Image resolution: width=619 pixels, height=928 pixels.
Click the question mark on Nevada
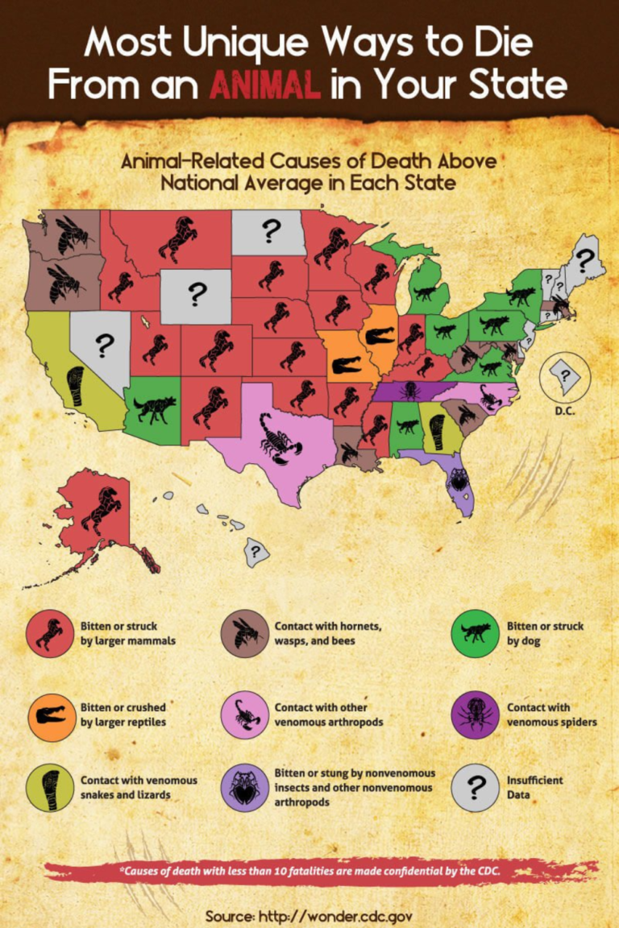pos(103,345)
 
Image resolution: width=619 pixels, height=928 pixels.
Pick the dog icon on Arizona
pos(153,408)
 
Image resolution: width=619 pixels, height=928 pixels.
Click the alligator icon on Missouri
pos(347,364)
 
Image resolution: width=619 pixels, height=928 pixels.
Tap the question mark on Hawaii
pos(255,553)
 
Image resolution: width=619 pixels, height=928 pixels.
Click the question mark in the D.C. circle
pos(565,375)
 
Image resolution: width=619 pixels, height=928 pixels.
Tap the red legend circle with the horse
pos(49,633)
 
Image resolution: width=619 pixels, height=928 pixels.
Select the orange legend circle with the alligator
pos(49,715)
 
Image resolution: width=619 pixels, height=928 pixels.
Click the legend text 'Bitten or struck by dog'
pos(544,633)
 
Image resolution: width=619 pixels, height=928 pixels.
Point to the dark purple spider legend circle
pos(476,715)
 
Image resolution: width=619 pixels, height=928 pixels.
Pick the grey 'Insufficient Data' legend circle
pos(476,787)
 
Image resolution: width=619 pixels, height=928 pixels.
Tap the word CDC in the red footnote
pos(485,870)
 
